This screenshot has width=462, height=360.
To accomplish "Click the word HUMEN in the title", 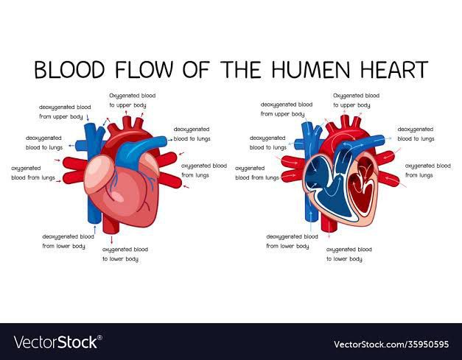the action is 311,70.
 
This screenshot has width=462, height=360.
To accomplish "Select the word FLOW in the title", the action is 144,70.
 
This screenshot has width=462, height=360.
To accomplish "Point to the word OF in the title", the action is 196,70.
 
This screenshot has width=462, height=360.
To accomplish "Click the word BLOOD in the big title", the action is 69,70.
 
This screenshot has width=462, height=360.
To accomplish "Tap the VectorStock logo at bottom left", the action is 56,342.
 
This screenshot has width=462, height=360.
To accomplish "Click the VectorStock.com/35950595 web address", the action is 391,344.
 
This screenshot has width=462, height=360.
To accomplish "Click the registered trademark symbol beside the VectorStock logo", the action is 100,337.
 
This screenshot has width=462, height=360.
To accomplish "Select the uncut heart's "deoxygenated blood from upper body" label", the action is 65,112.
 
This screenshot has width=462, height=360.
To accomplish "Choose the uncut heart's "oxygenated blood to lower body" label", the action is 125,254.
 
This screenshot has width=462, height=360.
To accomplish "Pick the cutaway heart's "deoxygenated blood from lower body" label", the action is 292,241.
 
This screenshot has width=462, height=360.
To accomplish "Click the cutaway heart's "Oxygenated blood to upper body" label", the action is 356,100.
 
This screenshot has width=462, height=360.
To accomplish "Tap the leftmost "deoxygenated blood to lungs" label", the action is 44,143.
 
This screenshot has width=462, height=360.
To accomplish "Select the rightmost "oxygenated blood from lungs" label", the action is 428,171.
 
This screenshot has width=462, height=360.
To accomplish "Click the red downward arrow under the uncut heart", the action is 112,239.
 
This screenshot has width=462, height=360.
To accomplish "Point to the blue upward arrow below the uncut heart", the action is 94,230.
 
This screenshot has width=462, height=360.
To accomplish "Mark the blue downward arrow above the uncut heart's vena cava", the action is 88,118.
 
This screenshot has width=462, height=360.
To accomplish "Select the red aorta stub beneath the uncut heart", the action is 111,224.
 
